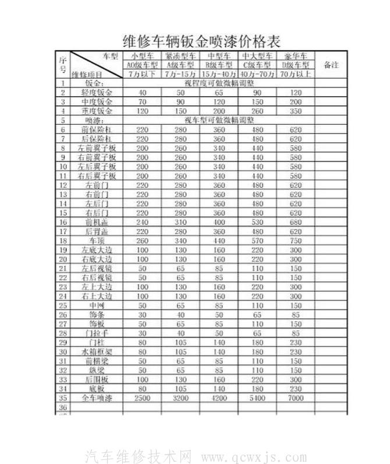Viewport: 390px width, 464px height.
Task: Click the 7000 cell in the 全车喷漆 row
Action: click(x=296, y=398)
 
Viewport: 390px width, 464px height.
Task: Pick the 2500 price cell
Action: click(x=142, y=398)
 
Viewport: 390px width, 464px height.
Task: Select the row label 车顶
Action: click(x=97, y=240)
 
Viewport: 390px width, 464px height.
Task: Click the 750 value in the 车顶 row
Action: click(x=296, y=240)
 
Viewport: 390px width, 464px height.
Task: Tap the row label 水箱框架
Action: click(x=97, y=351)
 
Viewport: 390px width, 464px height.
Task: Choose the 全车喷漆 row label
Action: click(x=97, y=398)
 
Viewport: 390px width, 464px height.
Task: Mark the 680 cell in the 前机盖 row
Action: click(x=296, y=222)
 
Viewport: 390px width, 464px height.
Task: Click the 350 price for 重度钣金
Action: click(x=296, y=111)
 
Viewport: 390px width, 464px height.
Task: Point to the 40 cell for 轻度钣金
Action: click(x=142, y=93)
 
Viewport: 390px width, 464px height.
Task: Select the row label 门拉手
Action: click(x=97, y=333)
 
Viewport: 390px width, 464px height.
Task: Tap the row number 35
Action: click(x=63, y=398)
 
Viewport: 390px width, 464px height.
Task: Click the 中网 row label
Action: click(x=97, y=305)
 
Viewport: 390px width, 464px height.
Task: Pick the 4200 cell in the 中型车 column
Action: click(x=219, y=398)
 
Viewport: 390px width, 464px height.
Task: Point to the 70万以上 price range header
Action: click(x=296, y=75)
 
